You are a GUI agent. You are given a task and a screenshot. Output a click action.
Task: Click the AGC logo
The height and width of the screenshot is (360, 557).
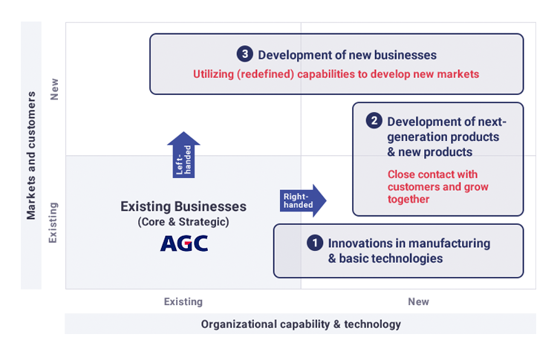click(x=184, y=243)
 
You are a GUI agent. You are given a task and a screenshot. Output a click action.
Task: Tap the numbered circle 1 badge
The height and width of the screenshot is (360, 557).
click(x=315, y=243)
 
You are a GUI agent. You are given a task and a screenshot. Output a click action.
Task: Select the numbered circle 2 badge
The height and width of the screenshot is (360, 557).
click(x=374, y=121)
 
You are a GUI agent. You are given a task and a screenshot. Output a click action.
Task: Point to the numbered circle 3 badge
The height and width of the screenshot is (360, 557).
click(x=245, y=54)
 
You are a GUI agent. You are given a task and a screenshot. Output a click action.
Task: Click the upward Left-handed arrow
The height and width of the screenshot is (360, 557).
click(x=183, y=155)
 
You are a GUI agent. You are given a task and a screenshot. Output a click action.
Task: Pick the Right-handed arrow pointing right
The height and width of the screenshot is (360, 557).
click(x=303, y=200)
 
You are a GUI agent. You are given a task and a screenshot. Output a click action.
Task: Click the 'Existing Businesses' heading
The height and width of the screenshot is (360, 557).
click(x=183, y=206)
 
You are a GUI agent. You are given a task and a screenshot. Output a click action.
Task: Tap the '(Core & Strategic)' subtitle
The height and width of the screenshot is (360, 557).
click(x=183, y=222)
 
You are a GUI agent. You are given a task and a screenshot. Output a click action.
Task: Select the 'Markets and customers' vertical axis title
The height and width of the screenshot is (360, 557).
click(x=31, y=155)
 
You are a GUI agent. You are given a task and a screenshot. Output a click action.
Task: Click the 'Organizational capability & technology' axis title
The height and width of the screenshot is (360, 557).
click(x=301, y=324)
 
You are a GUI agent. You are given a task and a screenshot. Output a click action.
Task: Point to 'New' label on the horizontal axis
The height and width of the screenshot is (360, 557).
click(x=418, y=302)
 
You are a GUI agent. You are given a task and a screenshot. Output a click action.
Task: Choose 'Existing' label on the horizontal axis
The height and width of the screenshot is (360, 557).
click(x=183, y=302)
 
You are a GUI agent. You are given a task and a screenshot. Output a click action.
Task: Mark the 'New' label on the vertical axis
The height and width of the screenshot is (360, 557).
click(x=54, y=89)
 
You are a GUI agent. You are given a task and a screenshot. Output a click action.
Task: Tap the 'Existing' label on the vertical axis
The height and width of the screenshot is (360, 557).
click(x=53, y=223)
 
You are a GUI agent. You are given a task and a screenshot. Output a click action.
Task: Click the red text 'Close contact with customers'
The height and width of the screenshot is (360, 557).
click(x=437, y=180)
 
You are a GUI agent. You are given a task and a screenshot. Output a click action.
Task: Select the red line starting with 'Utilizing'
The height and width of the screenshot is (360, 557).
click(x=336, y=73)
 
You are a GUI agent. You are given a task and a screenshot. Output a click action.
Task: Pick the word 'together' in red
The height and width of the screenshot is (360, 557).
click(x=408, y=199)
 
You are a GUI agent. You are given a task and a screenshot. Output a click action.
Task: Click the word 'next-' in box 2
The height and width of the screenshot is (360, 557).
click(x=492, y=122)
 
